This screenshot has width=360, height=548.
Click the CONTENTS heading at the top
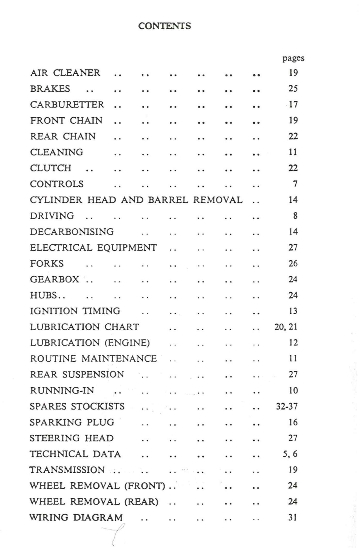pos(165,26)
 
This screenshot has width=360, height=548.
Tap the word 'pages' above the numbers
pos(293,58)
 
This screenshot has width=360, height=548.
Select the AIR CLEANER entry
pos(65,73)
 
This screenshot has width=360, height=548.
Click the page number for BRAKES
pos(293,89)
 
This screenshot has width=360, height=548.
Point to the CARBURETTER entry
pos(67,104)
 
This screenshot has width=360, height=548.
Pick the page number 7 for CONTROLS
pos(295,184)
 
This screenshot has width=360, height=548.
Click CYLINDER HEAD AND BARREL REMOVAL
pos(136,200)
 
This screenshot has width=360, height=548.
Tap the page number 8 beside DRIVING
pos(295,216)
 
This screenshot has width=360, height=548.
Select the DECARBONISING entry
pos(72,232)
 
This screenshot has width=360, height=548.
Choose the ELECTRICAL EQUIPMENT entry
pos(93,248)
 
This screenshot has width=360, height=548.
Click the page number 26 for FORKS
pos(293,263)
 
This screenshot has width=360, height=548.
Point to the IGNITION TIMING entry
pos(75,311)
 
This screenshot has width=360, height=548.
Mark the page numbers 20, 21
pos(286,327)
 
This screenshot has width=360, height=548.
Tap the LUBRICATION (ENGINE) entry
pos(90,343)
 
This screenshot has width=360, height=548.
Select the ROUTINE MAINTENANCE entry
pos(93,358)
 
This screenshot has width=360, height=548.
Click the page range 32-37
pos(287,406)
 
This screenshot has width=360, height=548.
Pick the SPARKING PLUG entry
pos(72,422)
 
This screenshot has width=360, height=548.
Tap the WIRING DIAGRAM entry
pos(76,517)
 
